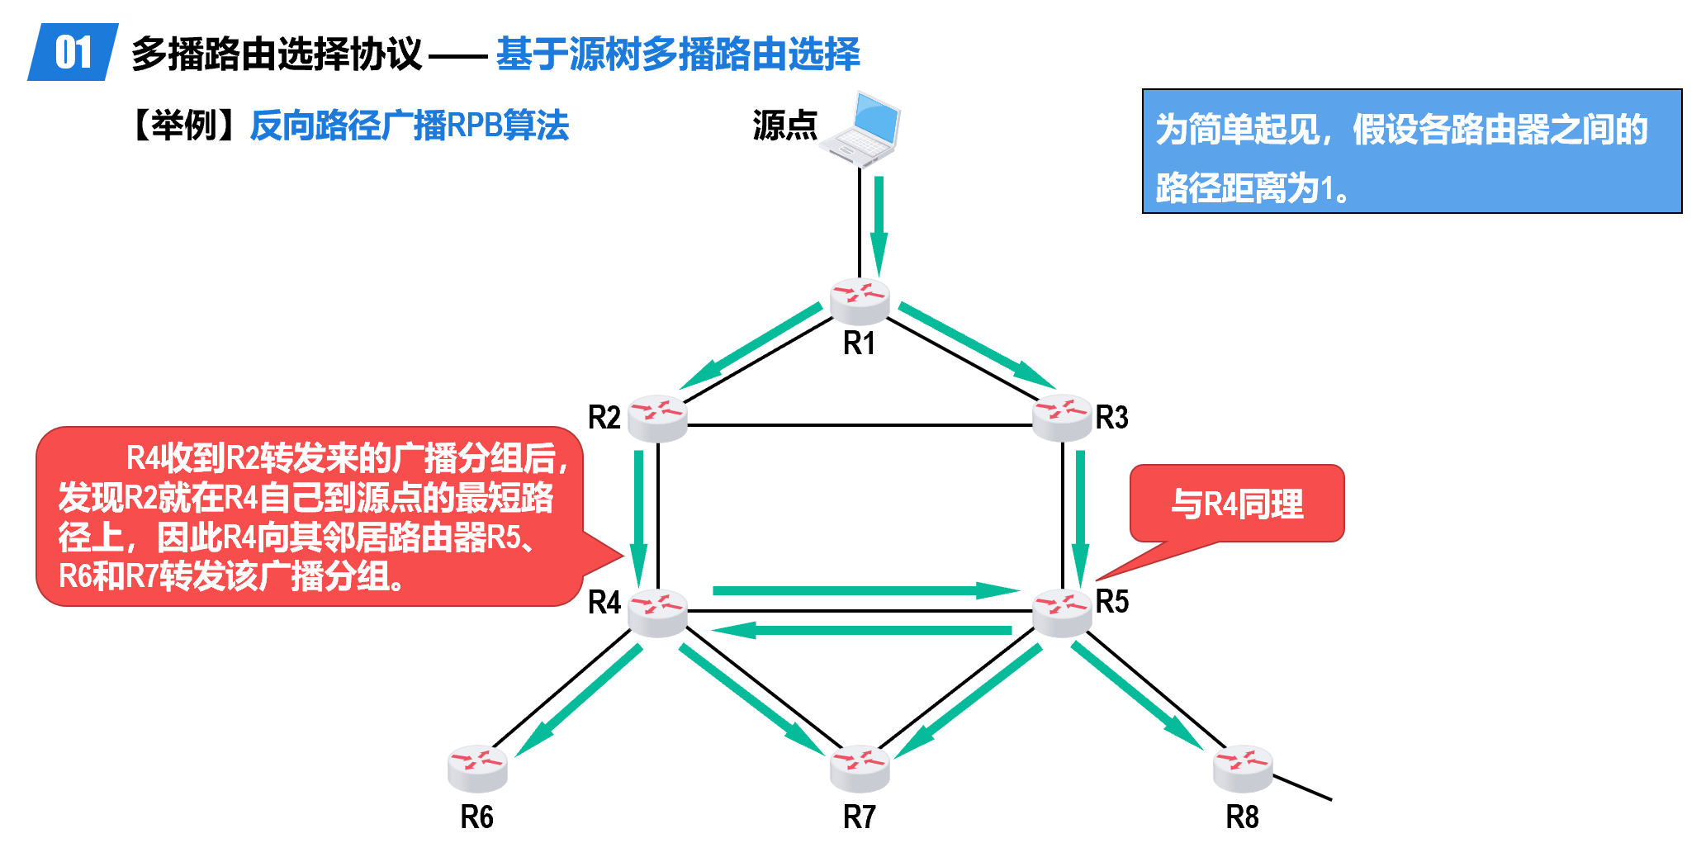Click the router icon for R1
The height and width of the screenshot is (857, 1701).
point(860,301)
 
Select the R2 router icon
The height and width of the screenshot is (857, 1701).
point(657,418)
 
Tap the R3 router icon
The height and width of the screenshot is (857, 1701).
point(1062,418)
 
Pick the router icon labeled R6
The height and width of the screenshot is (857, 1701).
point(477,768)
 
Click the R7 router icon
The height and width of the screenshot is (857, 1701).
point(860,768)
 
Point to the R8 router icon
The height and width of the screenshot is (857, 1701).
point(1243,768)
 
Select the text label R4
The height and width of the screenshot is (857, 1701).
point(604,603)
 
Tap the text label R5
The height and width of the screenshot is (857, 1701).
point(1112,601)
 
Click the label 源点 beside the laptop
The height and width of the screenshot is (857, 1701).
point(784,125)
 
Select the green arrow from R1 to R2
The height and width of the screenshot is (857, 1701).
point(751,345)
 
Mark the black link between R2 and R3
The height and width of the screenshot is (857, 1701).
point(860,425)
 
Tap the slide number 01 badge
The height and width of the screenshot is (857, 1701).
point(73,53)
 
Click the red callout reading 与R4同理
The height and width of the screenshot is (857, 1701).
point(1237,504)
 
